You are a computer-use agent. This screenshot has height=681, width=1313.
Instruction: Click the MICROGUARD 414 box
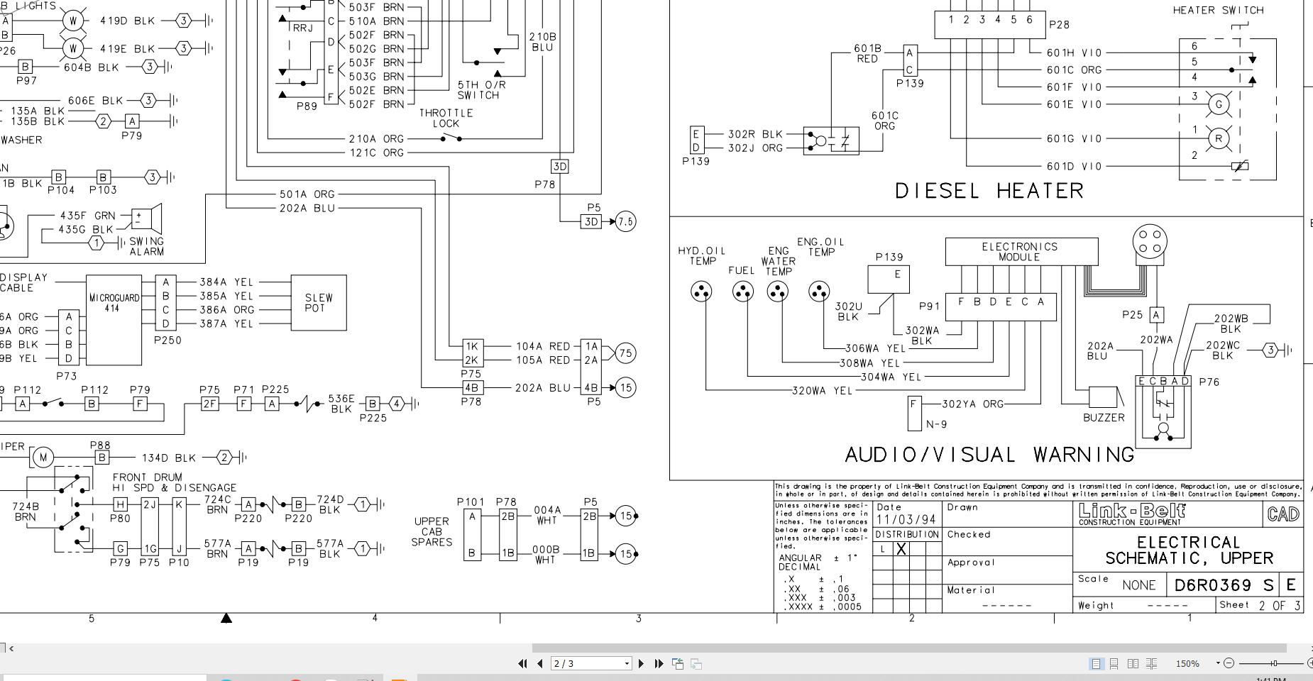tap(114, 319)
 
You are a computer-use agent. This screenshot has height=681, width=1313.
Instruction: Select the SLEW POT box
tap(319, 303)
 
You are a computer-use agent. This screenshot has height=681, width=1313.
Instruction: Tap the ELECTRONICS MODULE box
tap(1021, 252)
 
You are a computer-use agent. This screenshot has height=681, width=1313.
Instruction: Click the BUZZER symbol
tap(1103, 397)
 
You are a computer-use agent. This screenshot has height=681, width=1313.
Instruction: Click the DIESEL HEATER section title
tap(989, 191)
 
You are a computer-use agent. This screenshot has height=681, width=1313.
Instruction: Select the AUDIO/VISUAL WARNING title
tap(989, 455)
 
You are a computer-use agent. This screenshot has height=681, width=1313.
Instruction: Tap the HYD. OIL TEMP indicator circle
tap(702, 292)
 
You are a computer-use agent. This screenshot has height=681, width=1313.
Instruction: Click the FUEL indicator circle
tap(742, 292)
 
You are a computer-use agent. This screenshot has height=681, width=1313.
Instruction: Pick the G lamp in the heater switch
tap(1219, 104)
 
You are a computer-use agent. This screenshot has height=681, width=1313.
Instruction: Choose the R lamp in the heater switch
tap(1219, 138)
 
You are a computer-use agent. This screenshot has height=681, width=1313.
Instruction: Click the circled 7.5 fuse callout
tap(625, 222)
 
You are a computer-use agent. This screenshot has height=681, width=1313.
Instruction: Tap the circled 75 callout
tap(625, 353)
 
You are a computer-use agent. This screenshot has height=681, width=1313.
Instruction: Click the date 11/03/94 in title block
tap(906, 520)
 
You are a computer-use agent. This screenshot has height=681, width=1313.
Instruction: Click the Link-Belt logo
tap(1131, 514)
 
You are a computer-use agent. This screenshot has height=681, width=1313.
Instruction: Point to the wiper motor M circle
tap(43, 458)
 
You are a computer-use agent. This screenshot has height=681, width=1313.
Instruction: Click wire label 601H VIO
tap(1074, 52)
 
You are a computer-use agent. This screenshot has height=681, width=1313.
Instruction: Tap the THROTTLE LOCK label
tap(446, 118)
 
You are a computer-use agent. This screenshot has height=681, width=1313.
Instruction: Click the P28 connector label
tap(1059, 25)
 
